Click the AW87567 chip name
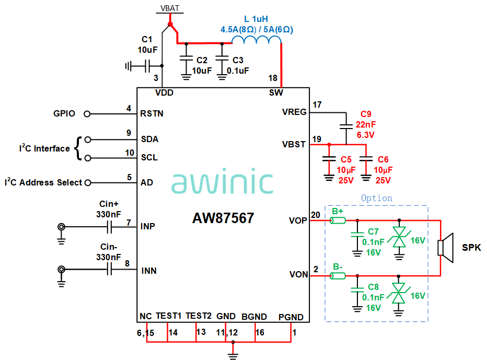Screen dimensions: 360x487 (x=223, y=218)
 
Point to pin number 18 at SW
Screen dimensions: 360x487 (x=273, y=78)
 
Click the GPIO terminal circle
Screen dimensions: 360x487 (x=87, y=113)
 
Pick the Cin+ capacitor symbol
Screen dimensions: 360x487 (x=110, y=227)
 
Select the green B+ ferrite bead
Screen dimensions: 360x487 (x=338, y=220)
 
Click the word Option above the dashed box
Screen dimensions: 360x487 (x=376, y=198)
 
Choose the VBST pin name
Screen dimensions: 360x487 (x=294, y=144)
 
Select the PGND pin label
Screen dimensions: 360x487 (x=291, y=317)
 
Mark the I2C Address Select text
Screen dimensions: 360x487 (x=43, y=182)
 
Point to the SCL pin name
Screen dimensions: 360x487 (x=149, y=157)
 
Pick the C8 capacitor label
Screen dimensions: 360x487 (x=373, y=287)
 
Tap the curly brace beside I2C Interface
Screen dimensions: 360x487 (x=78, y=148)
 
